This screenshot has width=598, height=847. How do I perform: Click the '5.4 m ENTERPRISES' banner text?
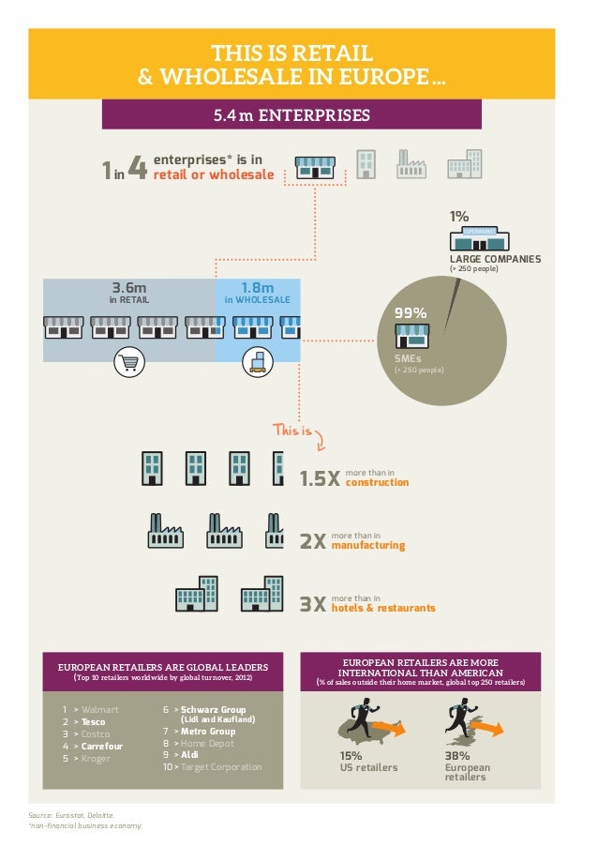click(292, 115)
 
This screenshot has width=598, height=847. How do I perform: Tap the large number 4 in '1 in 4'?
click(136, 169)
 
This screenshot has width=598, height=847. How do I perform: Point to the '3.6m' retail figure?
click(129, 287)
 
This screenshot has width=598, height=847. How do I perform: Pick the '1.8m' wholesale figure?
click(257, 287)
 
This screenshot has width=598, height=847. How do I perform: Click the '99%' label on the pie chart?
click(411, 312)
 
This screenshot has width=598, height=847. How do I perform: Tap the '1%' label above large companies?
click(458, 217)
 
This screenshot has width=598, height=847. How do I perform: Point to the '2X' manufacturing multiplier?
click(312, 543)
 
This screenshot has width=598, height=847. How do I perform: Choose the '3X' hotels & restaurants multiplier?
click(312, 605)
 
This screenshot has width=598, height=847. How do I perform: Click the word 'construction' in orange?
click(377, 483)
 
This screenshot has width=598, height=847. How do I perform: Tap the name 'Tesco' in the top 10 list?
click(93, 722)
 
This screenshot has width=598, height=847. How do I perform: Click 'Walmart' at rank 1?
click(100, 710)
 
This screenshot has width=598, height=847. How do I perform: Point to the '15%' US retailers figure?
click(351, 755)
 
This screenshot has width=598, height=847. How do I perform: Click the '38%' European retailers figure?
click(456, 755)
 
